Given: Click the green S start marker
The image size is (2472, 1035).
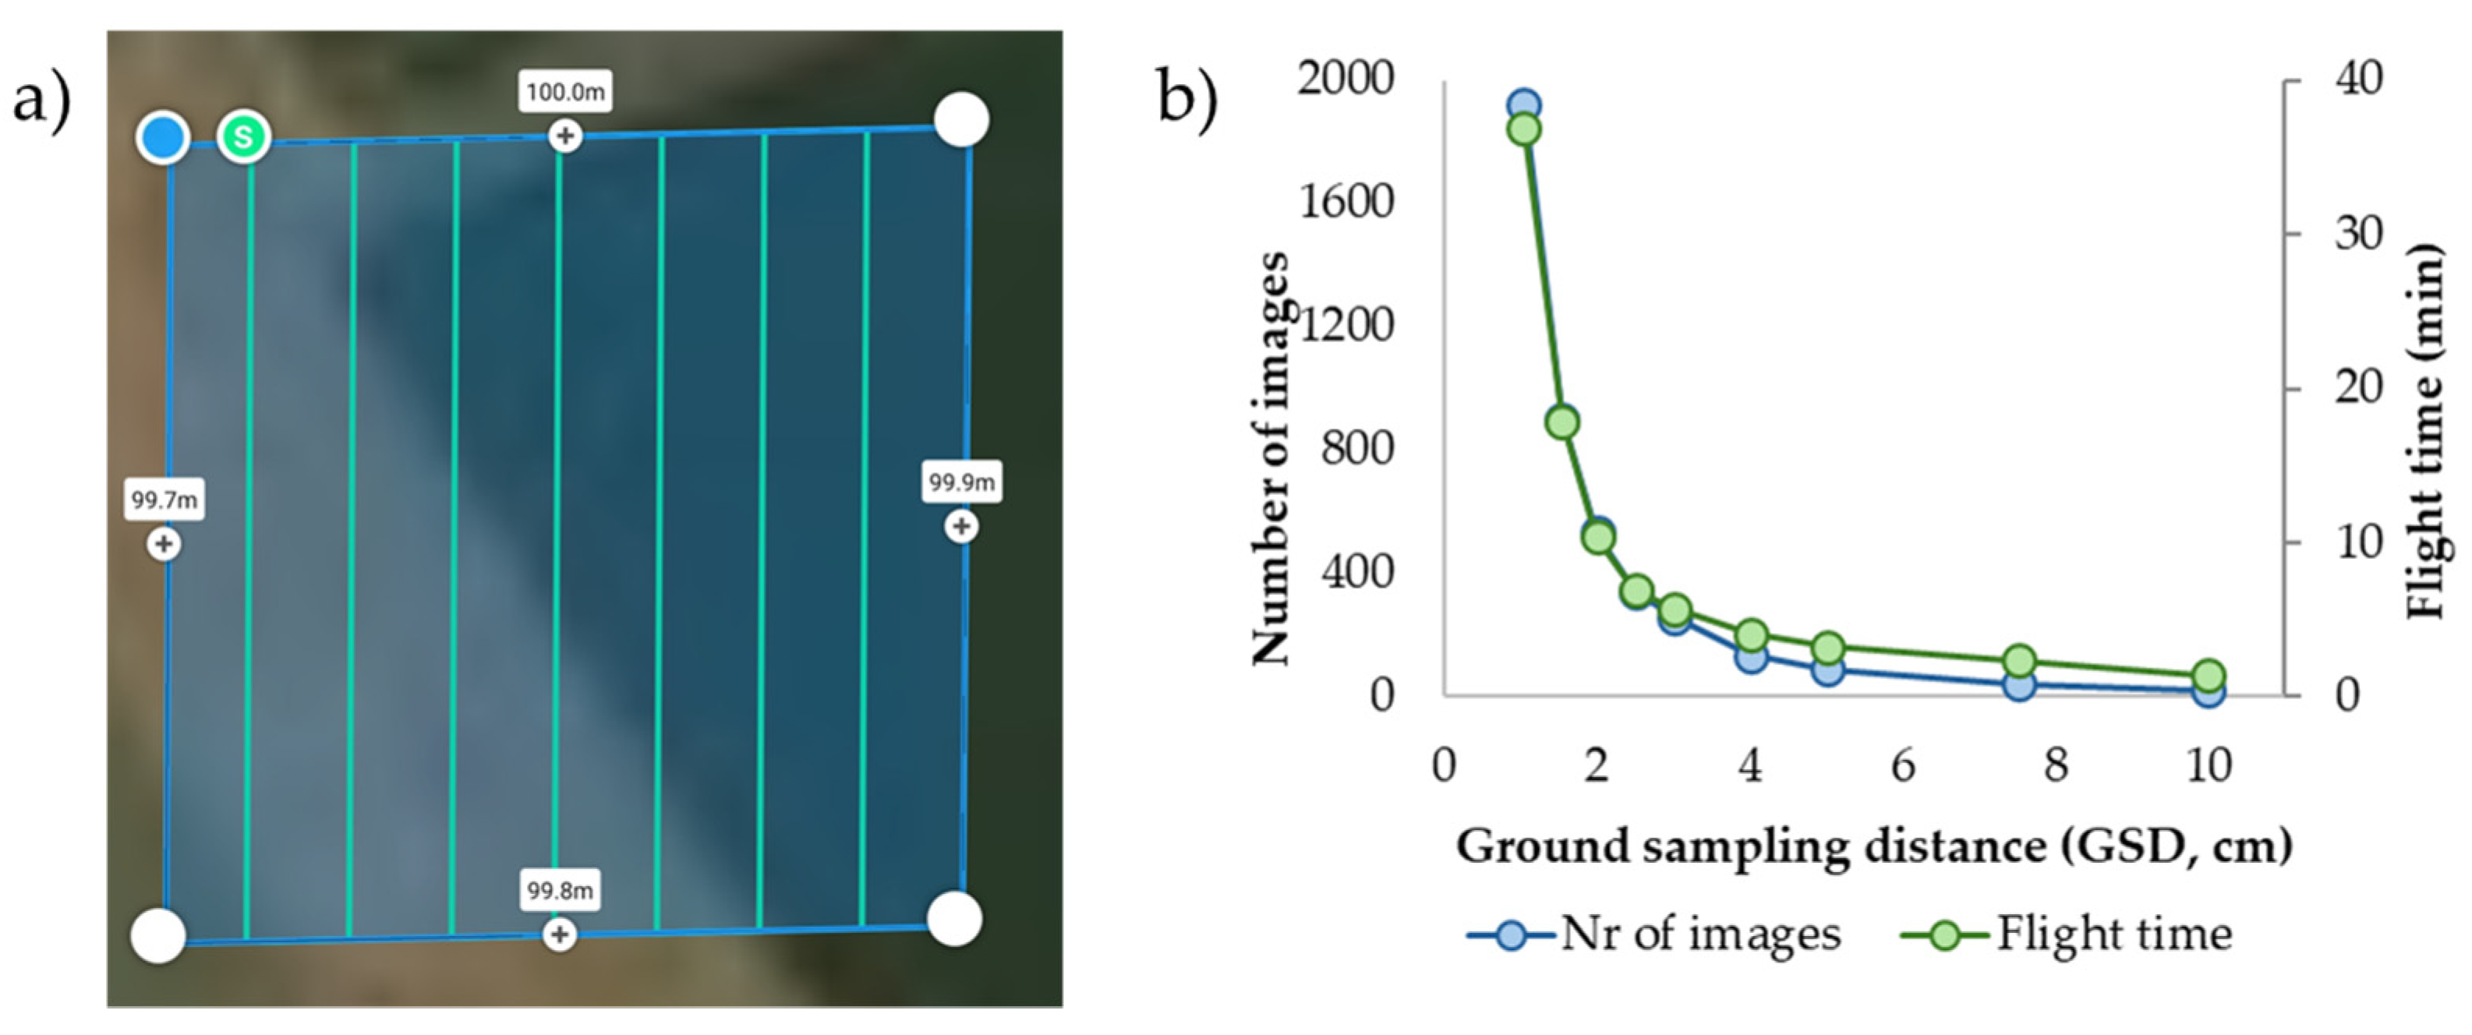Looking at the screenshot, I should [244, 136].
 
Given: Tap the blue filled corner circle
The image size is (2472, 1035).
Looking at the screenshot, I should [163, 138].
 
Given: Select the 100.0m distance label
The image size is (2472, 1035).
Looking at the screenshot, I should [565, 92].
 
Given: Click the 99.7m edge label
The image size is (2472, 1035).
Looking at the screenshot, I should [164, 500].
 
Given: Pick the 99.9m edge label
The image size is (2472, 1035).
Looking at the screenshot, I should [961, 482].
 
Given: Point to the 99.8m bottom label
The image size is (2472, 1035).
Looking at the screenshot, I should [560, 891].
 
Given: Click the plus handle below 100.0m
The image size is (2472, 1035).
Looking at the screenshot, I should [565, 136].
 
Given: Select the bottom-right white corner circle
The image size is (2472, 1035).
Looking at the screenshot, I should [955, 919].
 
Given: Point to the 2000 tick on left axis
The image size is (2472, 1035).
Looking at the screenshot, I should [1346, 79].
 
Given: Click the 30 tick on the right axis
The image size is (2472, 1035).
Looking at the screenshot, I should [2359, 233].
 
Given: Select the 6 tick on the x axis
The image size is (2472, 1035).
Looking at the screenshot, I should [1903, 766].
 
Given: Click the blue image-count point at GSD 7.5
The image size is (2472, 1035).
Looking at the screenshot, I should [2020, 685].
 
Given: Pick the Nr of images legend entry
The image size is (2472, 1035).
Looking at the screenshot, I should [1654, 934].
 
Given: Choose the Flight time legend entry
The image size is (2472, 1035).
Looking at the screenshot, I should [2067, 934].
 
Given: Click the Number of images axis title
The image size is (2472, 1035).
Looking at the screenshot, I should [1271, 461].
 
